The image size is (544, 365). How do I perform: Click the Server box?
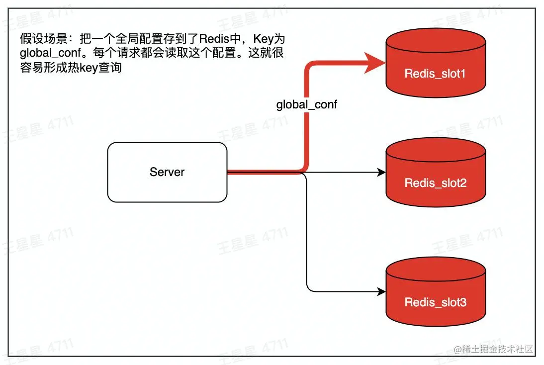(x=167, y=172)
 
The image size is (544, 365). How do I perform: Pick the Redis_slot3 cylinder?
(x=436, y=293)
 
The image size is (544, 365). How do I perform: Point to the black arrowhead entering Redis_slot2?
(x=381, y=172)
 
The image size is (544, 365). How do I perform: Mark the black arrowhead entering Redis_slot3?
(x=381, y=291)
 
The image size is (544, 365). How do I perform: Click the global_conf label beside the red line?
(x=306, y=105)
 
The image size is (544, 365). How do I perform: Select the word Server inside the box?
(x=167, y=172)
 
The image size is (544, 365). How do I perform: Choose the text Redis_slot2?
(x=436, y=183)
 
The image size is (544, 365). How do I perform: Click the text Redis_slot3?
(x=436, y=302)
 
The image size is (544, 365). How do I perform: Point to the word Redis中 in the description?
(x=213, y=39)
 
